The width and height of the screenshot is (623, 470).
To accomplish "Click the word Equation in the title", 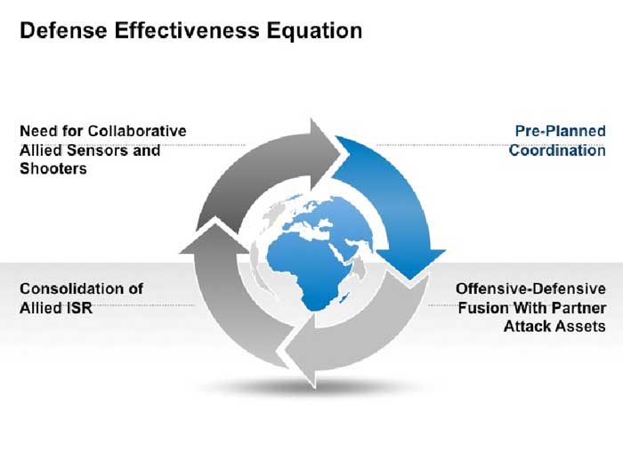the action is click(314, 31).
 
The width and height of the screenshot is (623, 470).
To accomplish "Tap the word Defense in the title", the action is click(63, 30).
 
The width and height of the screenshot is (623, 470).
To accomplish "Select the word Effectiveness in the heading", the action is click(187, 30).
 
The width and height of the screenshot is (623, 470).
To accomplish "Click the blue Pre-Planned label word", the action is click(560, 131).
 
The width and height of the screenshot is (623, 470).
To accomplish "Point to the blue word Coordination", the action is click(557, 150).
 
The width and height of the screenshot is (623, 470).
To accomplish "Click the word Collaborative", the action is click(137, 131).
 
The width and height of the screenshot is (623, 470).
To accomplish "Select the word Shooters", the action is click(53, 168).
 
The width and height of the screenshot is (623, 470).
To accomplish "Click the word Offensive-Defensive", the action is click(530, 288).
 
